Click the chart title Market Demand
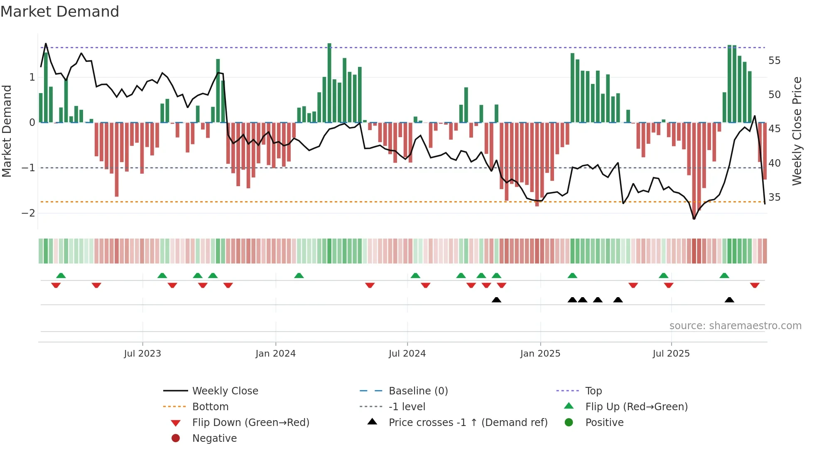60,12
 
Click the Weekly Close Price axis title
797,131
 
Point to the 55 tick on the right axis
774,61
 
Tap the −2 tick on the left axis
28,213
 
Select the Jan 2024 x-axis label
275,354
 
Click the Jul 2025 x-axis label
671,354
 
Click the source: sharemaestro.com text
735,326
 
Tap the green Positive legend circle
569,423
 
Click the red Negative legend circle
176,438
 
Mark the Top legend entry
593,391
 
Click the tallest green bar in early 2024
329,83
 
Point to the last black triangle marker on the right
729,300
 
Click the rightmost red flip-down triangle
755,285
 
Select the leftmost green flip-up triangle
61,276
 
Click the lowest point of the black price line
694,219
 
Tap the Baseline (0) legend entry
418,391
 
